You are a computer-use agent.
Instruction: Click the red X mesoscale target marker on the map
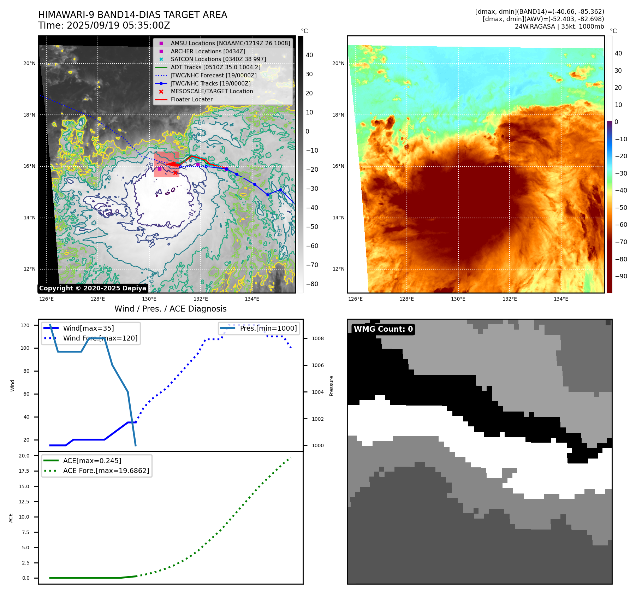coord(175,173)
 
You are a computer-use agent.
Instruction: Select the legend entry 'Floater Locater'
coord(191,100)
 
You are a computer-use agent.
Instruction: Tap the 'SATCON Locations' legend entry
coord(218,59)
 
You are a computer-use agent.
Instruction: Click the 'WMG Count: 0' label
coord(383,329)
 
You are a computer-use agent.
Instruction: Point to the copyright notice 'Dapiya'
coord(93,288)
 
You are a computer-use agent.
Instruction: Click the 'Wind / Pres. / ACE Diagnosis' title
coord(170,309)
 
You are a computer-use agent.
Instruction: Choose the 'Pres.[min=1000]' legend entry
coord(268,328)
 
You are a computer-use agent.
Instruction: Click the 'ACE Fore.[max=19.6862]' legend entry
coord(106,471)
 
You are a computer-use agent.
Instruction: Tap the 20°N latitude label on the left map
coord(29,64)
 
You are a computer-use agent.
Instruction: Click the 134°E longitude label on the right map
coord(561,299)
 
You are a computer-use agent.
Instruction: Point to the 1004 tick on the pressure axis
coord(317,392)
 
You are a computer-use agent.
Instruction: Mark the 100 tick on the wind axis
coord(25,348)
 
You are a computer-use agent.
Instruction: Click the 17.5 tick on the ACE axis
coord(24,471)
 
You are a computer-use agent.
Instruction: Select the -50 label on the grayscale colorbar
coord(312,227)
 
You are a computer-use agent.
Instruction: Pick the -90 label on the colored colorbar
coord(621,276)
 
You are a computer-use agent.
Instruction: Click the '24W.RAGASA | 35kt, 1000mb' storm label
coord(559,26)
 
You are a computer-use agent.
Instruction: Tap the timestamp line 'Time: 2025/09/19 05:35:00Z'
coord(104,25)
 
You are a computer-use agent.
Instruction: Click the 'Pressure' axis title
coord(331,386)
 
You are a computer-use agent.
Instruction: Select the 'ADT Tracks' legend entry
coord(215,67)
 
